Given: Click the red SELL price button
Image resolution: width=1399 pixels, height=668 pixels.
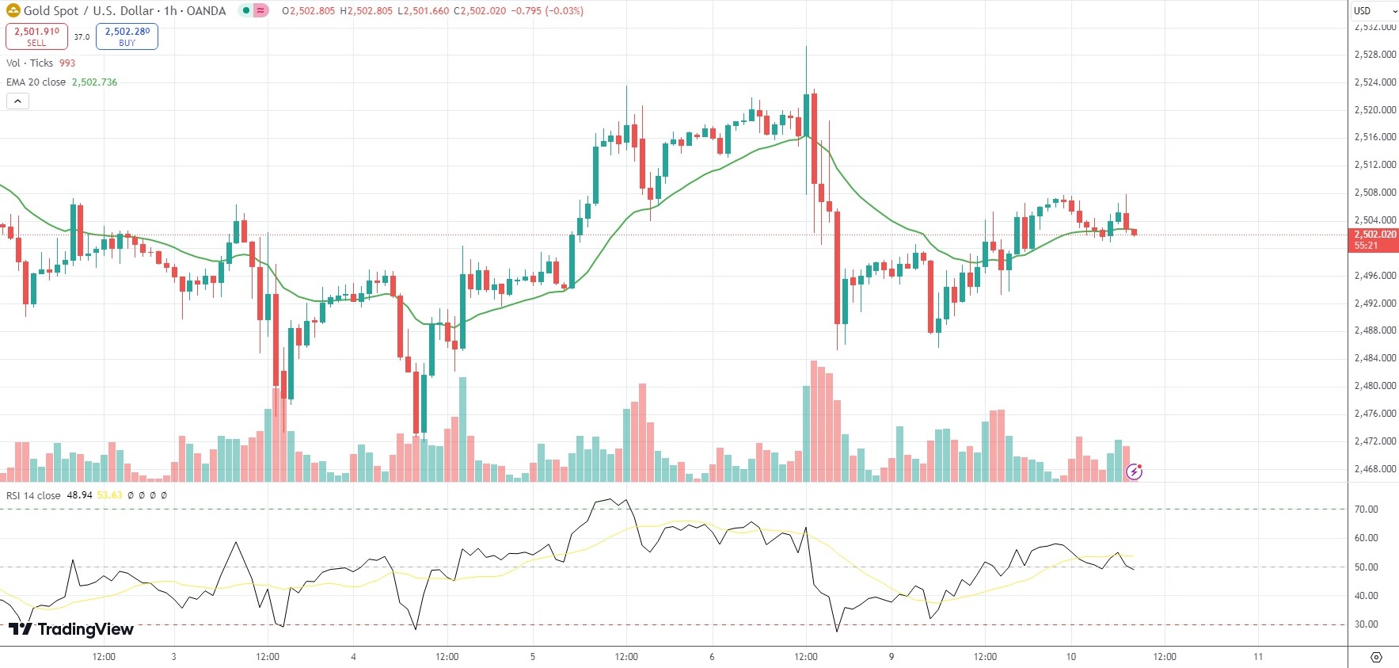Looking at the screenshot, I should pos(36,36).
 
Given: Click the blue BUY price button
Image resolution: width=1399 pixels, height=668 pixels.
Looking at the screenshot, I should pos(127,36).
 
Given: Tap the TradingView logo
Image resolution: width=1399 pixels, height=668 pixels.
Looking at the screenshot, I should pos(71,629).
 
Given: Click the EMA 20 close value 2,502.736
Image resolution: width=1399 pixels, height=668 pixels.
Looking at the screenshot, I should pos(94,82).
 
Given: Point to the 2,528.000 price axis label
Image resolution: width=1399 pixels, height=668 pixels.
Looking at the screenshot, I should pos(1374,55).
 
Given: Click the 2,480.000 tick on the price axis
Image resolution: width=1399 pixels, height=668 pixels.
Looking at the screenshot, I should pos(1374,386).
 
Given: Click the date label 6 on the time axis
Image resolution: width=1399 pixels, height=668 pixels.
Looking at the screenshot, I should pos(712,657).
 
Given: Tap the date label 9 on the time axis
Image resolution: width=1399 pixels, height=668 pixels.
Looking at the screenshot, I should pos(891,657).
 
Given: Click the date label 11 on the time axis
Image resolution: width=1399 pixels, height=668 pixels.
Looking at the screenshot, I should pos(1258,657).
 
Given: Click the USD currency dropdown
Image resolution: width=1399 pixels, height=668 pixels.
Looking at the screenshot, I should pos(1373,10).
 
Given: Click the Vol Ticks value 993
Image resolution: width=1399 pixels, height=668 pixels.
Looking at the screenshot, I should pos(67,63).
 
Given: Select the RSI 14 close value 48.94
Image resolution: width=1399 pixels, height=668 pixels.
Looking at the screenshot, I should pos(79,495).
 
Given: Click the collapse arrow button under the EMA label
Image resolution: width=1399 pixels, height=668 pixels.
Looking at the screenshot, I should pos(17,101).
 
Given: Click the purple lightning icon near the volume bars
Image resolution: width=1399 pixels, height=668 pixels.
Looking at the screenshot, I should pos(1135,472).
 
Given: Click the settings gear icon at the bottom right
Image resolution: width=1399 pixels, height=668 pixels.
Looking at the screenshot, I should pos(1376,658).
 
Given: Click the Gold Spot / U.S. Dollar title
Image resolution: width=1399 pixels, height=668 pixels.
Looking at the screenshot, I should pos(89,11).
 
